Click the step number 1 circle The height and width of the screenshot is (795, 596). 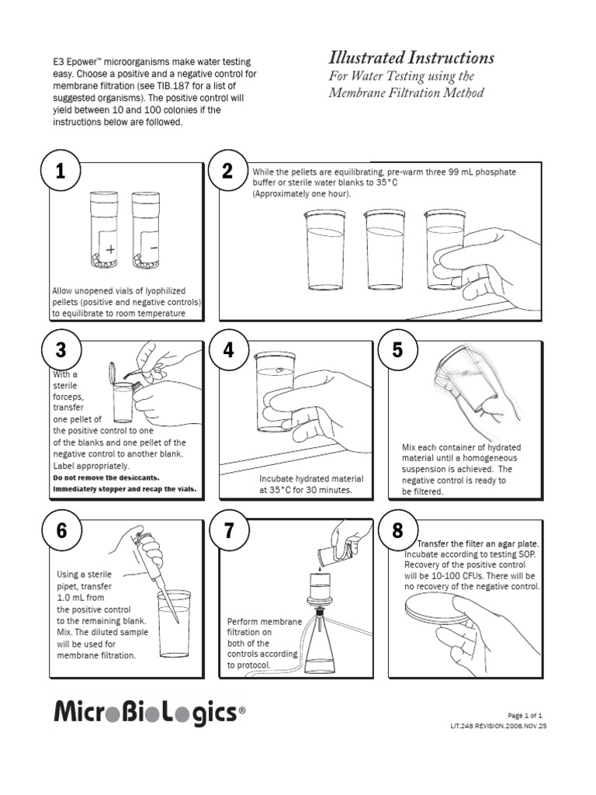[60, 172]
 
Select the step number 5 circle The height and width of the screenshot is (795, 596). [397, 350]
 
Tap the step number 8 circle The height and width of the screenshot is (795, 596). [397, 531]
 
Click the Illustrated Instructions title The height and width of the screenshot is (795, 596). [411, 58]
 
